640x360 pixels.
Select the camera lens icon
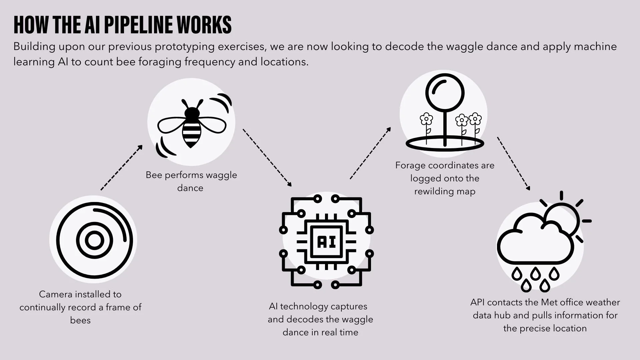click(94, 240)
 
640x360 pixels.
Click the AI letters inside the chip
click(326, 242)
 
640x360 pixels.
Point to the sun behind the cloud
click(567, 217)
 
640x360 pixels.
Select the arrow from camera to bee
click(122, 168)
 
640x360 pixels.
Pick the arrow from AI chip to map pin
click(370, 153)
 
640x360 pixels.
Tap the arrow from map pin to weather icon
click(513, 163)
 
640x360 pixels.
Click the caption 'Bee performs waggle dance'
click(191, 181)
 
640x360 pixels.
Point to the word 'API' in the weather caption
click(477, 302)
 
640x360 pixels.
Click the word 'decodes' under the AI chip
click(304, 319)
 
